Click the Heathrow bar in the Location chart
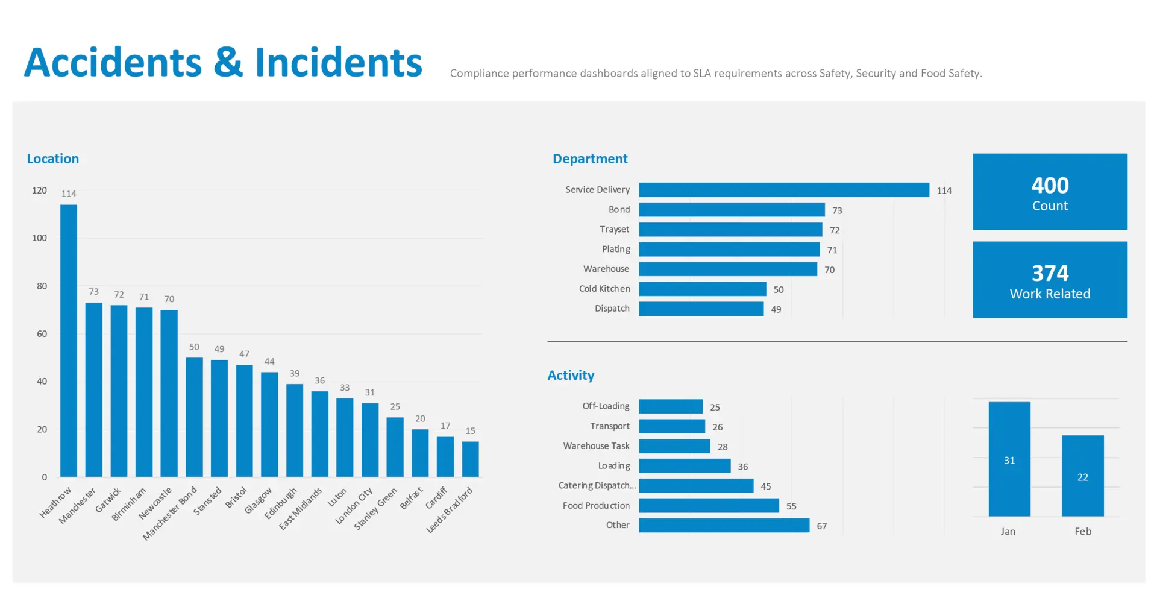[69, 341]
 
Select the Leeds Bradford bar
[471, 459]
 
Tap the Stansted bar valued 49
[219, 418]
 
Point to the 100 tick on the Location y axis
[39, 238]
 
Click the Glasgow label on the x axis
[258, 500]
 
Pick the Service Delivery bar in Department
[784, 190]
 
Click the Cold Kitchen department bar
[703, 289]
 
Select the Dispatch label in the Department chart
[612, 309]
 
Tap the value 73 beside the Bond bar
[837, 210]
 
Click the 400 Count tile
[1050, 192]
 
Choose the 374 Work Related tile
[1050, 280]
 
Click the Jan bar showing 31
[1009, 459]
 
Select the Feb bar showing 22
[1083, 476]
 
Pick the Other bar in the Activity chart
[724, 526]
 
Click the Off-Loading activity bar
[671, 406]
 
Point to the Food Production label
[596, 506]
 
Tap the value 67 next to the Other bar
[822, 526]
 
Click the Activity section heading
[571, 376]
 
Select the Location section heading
[53, 159]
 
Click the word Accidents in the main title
[113, 63]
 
